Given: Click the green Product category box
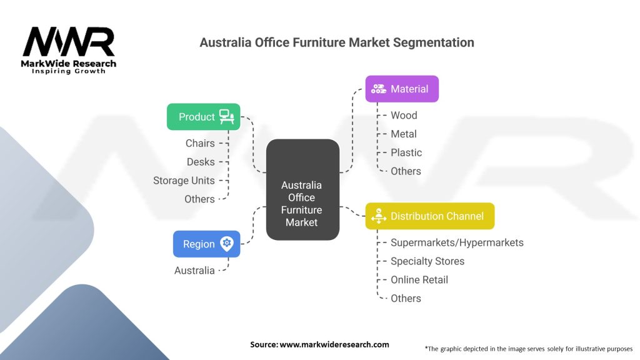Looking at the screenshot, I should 203,117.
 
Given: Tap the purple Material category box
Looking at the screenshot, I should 402,89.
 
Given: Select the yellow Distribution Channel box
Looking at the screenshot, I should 430,216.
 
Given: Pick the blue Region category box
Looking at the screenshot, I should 206,244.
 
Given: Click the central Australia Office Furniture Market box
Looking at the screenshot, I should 302,190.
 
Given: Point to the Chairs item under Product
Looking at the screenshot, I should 200,143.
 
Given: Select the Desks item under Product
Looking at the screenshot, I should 201,162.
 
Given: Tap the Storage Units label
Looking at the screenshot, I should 184,181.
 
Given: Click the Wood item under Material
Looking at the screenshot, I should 404,115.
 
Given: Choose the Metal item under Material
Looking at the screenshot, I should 404,134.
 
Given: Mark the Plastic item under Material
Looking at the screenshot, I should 406,152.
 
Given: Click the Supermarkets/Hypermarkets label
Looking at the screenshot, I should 457,242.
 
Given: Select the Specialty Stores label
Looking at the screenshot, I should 427,261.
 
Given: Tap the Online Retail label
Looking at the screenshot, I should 419,280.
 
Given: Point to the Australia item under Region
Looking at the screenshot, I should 194,271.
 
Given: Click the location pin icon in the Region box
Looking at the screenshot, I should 226,244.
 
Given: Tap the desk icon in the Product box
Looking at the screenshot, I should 226,116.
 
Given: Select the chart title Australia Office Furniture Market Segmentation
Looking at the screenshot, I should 336,42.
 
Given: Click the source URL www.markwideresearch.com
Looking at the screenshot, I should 319,344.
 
